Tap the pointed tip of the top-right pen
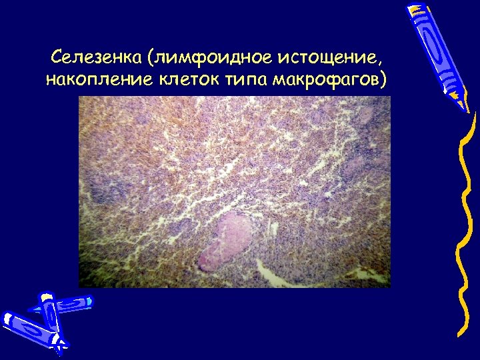pyautogui.click(x=465, y=107)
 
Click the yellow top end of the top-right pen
pyautogui.click(x=416, y=9)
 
